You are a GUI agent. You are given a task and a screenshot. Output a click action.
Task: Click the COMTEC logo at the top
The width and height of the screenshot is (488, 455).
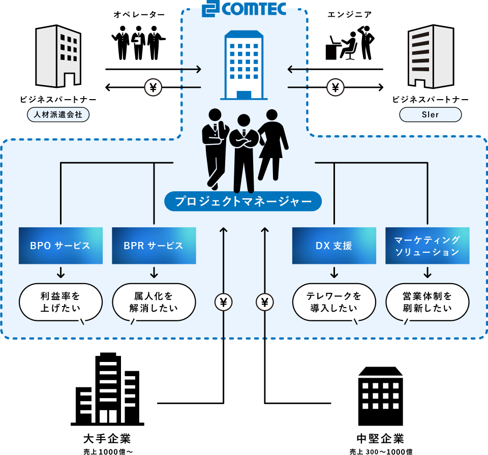[243, 9]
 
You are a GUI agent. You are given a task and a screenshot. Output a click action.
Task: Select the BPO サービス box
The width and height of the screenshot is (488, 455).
[60, 246]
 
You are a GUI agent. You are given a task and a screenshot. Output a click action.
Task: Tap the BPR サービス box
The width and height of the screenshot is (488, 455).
[154, 246]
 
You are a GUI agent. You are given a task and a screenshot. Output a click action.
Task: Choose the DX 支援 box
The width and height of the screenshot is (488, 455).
[334, 246]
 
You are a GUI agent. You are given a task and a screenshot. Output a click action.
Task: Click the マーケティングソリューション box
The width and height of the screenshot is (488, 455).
[427, 246]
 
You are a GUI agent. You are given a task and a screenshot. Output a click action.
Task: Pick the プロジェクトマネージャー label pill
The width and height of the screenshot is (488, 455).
[243, 202]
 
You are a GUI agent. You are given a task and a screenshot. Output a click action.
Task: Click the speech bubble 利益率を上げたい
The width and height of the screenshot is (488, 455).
[60, 302]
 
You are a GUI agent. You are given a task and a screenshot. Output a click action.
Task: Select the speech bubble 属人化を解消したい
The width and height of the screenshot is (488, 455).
[154, 302]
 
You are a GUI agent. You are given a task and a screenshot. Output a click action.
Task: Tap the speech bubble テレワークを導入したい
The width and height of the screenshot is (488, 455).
[334, 302]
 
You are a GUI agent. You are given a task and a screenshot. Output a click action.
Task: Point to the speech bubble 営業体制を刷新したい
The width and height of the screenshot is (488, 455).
[427, 302]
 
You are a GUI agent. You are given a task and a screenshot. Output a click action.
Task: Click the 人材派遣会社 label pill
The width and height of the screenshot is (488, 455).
[58, 115]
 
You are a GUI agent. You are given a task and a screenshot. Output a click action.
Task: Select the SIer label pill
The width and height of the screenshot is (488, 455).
[430, 115]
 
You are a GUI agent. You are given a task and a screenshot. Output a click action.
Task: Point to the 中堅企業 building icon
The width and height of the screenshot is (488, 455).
[380, 397]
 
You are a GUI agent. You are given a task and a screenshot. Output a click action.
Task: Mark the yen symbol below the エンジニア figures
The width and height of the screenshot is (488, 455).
[335, 88]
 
